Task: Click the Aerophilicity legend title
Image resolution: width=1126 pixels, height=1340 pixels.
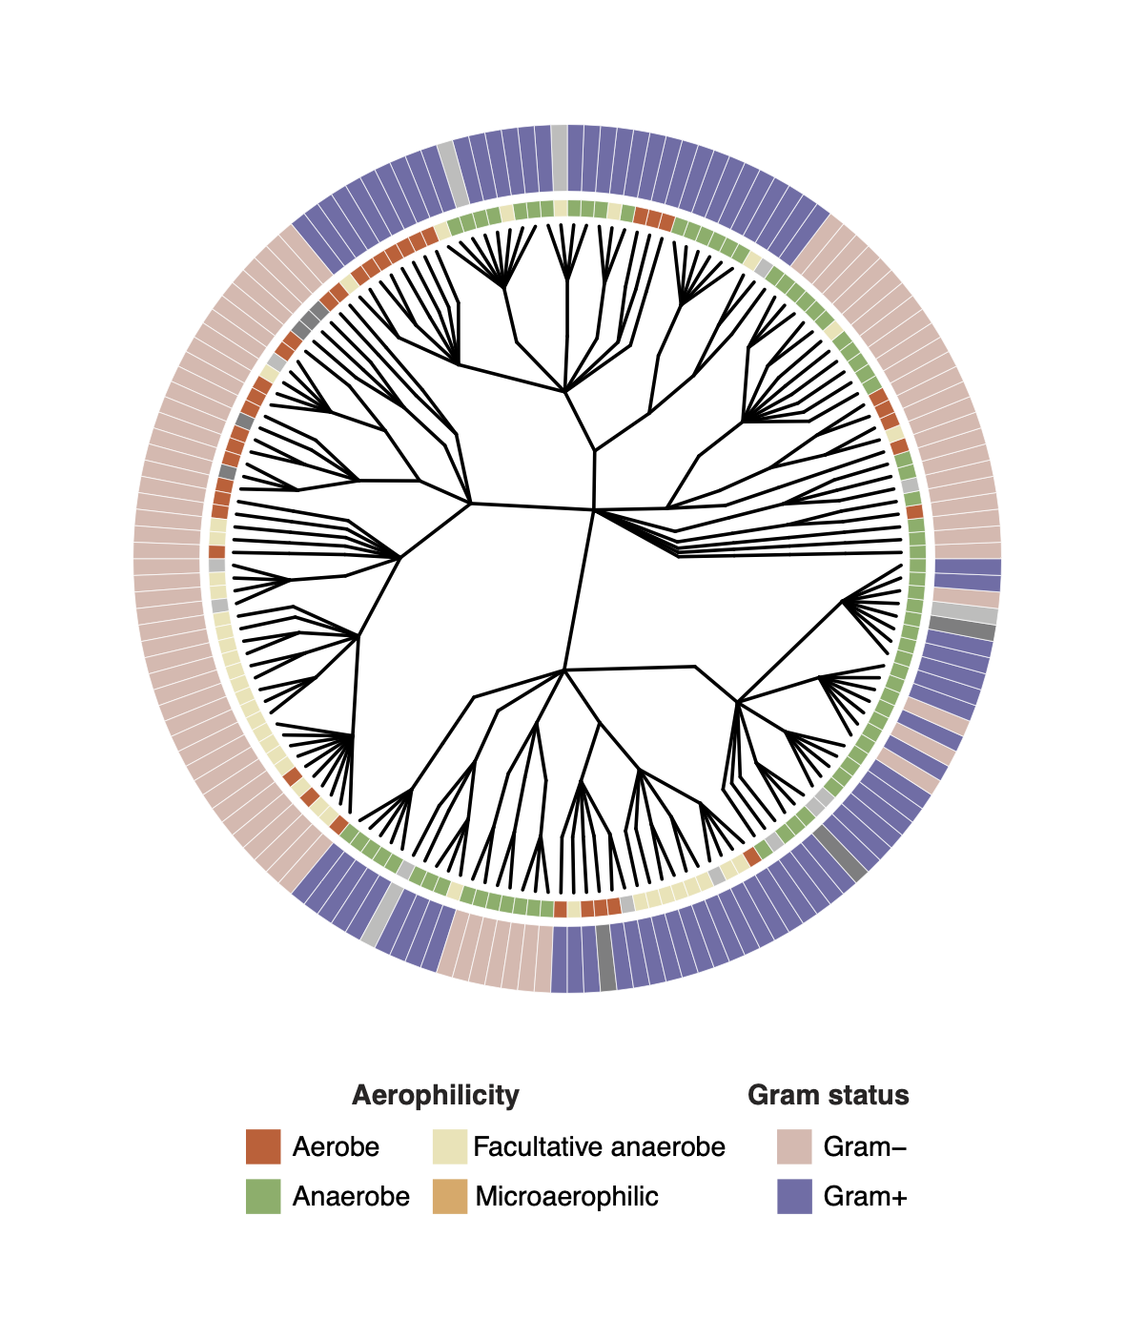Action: click(x=435, y=1095)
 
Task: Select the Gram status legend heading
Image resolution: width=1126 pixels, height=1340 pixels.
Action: click(x=828, y=1095)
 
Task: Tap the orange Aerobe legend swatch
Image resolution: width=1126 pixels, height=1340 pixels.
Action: click(x=263, y=1146)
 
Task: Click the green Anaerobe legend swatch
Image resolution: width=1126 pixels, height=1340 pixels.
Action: click(x=263, y=1196)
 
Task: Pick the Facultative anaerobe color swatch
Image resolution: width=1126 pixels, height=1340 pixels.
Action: click(x=450, y=1146)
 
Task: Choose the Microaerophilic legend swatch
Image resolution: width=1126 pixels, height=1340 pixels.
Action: click(x=450, y=1196)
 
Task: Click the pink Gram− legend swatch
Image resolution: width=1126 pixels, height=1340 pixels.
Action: click(x=794, y=1146)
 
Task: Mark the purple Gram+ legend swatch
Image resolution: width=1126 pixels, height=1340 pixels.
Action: click(x=794, y=1196)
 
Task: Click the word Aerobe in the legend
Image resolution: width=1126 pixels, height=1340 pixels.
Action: click(x=336, y=1146)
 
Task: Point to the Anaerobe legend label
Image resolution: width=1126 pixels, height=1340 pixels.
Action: click(x=351, y=1196)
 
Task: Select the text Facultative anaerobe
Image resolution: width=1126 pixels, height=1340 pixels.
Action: click(x=599, y=1146)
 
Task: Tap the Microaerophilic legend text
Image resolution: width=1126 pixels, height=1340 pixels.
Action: click(x=566, y=1196)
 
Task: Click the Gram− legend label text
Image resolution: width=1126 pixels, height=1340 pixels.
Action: click(x=865, y=1146)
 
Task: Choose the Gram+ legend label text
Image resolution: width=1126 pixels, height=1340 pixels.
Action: click(x=865, y=1196)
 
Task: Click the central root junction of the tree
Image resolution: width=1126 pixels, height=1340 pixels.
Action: click(x=593, y=510)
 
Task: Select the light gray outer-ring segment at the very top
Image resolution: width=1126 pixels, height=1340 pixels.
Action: click(x=560, y=157)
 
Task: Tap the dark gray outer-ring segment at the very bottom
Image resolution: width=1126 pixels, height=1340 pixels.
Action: click(x=606, y=959)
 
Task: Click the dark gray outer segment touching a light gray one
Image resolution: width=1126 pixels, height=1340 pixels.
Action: click(x=962, y=629)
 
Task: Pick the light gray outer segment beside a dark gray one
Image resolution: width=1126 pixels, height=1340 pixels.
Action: click(x=965, y=612)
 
